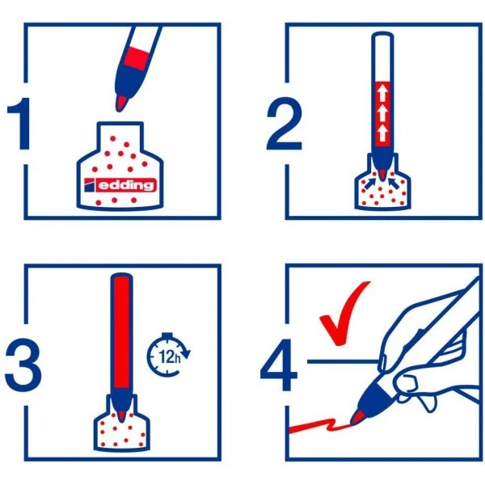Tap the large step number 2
[x=284, y=124]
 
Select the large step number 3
[x=23, y=365]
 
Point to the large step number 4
[x=279, y=365]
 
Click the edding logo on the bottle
[x=120, y=185]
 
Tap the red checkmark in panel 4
[x=344, y=314]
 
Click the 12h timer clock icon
[x=168, y=354]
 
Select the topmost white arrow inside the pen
[x=382, y=92]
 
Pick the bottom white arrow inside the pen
[x=382, y=133]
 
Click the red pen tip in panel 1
[x=121, y=103]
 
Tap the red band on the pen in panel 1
[x=136, y=58]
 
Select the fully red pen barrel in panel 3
[x=121, y=332]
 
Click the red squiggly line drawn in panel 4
[x=320, y=425]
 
